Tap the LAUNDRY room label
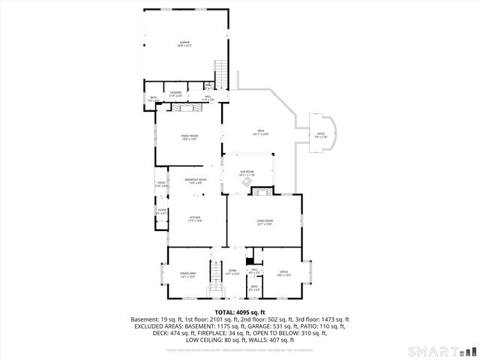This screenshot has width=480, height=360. (x=175, y=94)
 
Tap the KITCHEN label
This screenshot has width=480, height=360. (x=196, y=220)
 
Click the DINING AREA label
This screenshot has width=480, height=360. (x=187, y=274)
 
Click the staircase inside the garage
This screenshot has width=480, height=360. (x=221, y=73)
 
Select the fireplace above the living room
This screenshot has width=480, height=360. (x=261, y=193)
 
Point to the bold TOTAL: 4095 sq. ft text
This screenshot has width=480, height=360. (x=240, y=311)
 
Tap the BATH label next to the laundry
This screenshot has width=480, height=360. (x=153, y=98)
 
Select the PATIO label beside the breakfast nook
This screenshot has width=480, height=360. (x=161, y=184)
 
